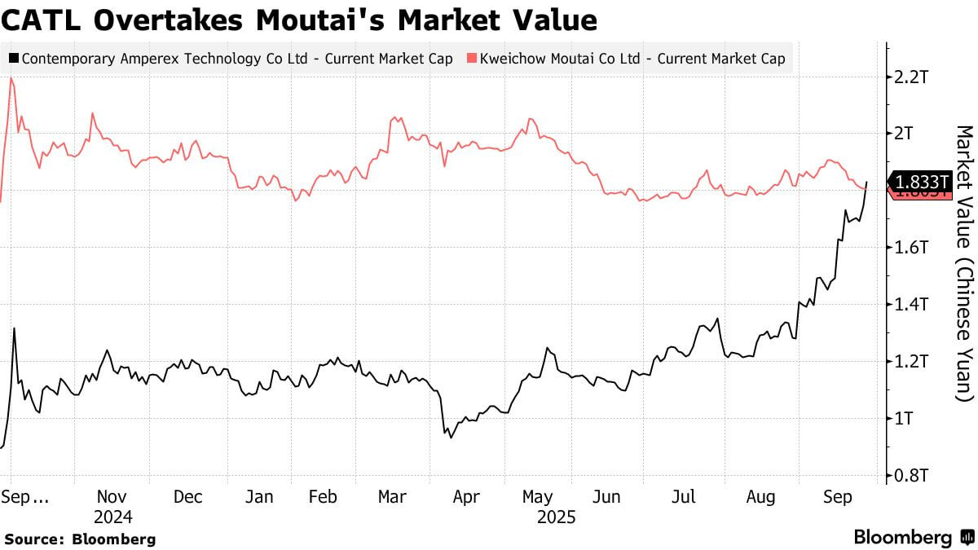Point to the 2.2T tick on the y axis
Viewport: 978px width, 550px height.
coord(911,77)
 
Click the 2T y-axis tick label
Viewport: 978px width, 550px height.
coord(905,134)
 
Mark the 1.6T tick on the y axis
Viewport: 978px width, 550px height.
coord(911,248)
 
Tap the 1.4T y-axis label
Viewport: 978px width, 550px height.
coord(911,305)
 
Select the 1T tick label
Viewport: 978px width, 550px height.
coord(905,419)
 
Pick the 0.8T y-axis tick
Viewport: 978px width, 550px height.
coord(911,476)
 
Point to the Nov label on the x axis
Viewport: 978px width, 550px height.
coord(112,496)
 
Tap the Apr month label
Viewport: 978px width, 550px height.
coord(465,496)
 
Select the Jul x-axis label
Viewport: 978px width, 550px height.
coord(685,496)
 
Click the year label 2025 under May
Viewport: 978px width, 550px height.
coord(556,517)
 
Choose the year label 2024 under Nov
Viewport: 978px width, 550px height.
coord(112,517)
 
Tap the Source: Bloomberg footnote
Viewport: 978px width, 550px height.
coord(79,539)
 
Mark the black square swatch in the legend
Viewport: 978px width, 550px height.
coord(14,59)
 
